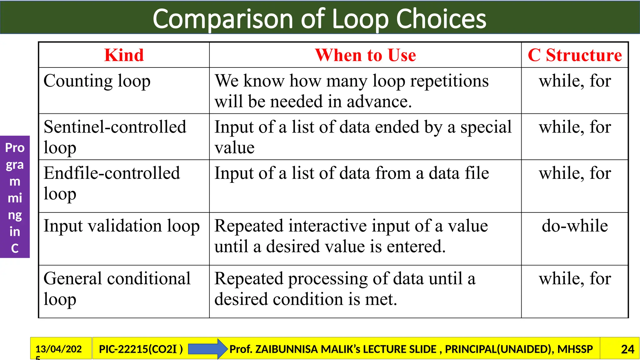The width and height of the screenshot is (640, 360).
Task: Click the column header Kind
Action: (x=124, y=55)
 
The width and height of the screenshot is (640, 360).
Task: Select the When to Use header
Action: (x=365, y=55)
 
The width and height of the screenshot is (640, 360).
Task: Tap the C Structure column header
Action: (x=575, y=55)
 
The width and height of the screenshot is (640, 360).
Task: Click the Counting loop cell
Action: (x=97, y=81)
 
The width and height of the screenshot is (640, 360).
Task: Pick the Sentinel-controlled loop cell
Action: (x=115, y=137)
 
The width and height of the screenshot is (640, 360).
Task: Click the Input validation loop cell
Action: (x=122, y=226)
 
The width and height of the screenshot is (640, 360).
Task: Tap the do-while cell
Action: (x=575, y=226)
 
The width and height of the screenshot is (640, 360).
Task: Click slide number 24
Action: (x=627, y=349)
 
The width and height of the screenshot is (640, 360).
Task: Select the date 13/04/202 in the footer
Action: (x=58, y=349)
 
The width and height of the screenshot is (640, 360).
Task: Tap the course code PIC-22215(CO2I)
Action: (x=141, y=349)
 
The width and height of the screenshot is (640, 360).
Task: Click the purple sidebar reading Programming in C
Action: (x=15, y=197)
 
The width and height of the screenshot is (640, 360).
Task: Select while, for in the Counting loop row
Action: (x=575, y=81)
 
